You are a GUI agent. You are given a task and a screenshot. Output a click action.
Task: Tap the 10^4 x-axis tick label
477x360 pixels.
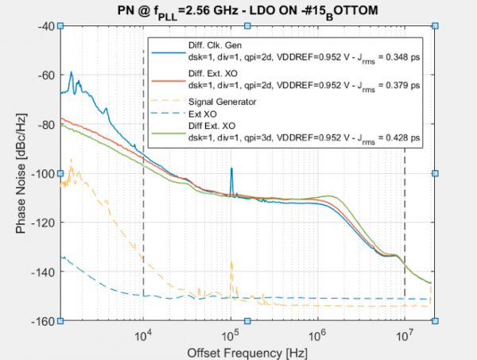[x=143, y=335]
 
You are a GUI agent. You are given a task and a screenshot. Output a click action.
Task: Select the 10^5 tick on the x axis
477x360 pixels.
[x=231, y=335]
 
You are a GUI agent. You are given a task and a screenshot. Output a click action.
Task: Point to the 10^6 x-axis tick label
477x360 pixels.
[x=318, y=335]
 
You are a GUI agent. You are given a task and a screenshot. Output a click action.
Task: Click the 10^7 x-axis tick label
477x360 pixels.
[x=405, y=335]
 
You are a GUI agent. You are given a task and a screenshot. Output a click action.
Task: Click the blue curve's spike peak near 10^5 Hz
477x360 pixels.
[x=231, y=169]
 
